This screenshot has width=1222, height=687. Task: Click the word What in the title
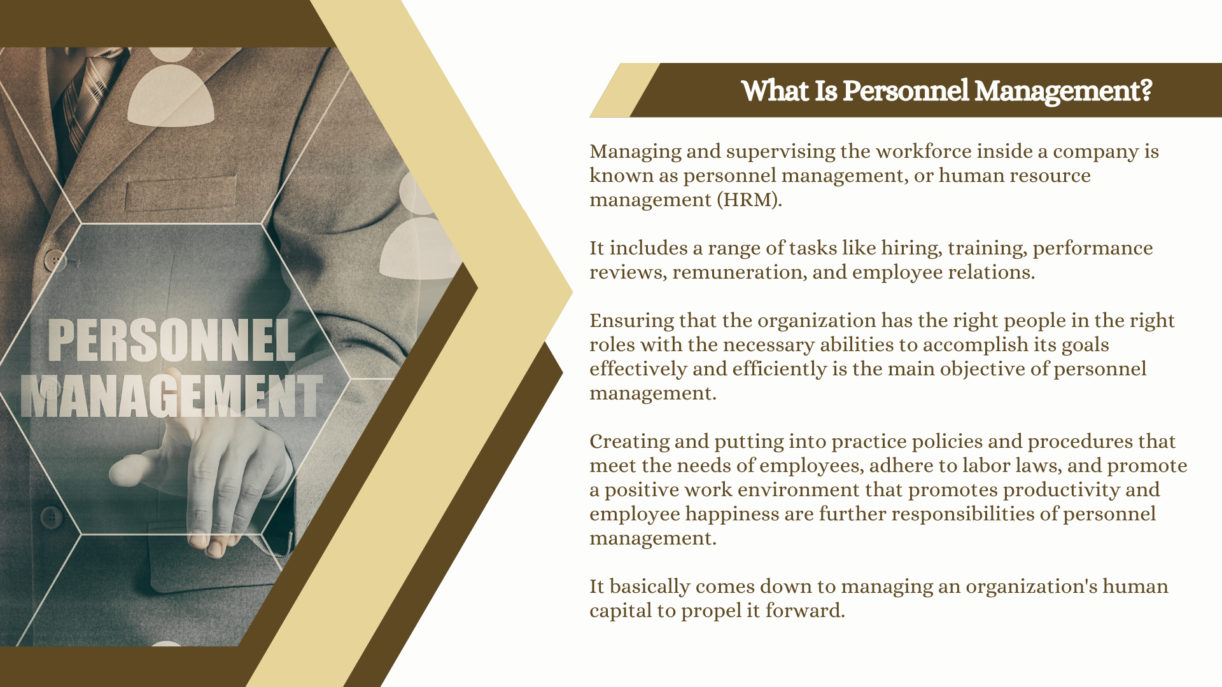click(775, 91)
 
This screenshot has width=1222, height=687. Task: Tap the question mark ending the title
click(1146, 91)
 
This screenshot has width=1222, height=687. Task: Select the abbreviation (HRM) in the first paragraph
click(748, 200)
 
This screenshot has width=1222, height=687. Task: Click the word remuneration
click(739, 273)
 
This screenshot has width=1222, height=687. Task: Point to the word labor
click(986, 466)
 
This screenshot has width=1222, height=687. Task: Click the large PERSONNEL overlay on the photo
click(172, 340)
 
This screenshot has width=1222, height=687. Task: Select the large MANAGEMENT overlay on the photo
click(172, 396)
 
